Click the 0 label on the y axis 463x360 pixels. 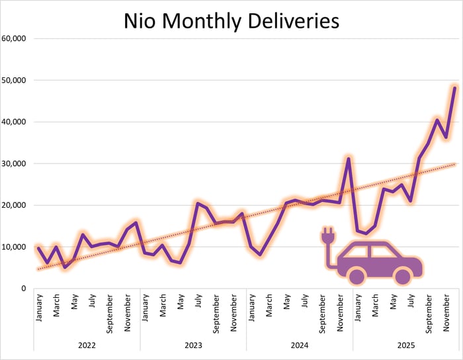coord(22,289)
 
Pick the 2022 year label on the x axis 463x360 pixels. coord(87,345)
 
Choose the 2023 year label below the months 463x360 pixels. coord(193,345)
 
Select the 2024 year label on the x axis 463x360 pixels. coord(299,345)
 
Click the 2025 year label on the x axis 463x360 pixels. coord(405,345)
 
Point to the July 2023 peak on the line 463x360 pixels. coord(198,203)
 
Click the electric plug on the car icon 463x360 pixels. coord(326,235)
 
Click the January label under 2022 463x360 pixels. coord(39,308)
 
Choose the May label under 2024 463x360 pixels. coord(286,304)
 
